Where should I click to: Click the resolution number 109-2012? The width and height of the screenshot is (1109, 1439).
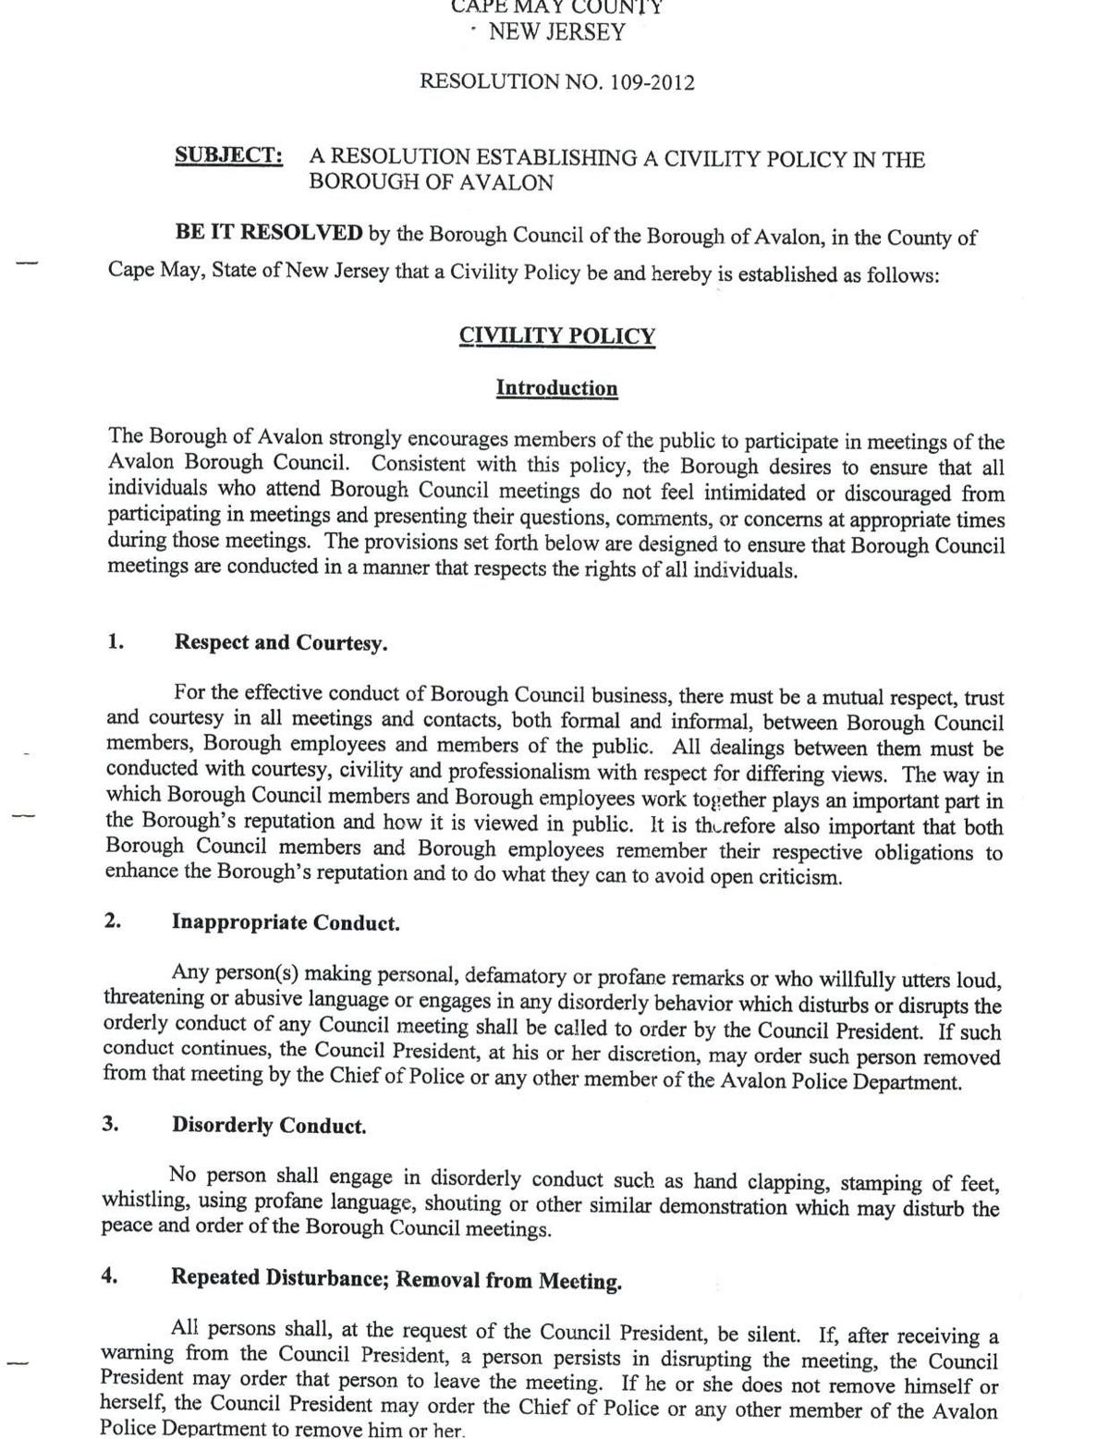tap(651, 82)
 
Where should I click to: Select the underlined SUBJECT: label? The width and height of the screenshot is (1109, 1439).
tap(229, 155)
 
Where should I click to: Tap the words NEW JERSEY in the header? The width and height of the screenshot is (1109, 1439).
tap(557, 32)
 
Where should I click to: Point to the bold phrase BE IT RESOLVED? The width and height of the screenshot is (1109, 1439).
tap(269, 232)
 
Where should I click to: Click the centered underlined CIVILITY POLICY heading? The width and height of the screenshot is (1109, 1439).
tap(556, 335)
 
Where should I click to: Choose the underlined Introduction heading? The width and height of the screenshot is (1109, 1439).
tap(556, 388)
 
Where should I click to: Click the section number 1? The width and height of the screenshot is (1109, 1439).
tap(116, 641)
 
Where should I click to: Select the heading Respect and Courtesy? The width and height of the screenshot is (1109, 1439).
tap(281, 643)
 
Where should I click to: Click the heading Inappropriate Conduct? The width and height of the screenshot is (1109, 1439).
tap(286, 923)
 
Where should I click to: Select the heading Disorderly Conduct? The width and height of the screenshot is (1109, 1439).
tap(269, 1126)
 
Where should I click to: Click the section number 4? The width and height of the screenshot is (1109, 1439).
tap(110, 1276)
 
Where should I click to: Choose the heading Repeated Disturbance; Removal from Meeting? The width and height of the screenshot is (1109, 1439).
tap(396, 1280)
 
